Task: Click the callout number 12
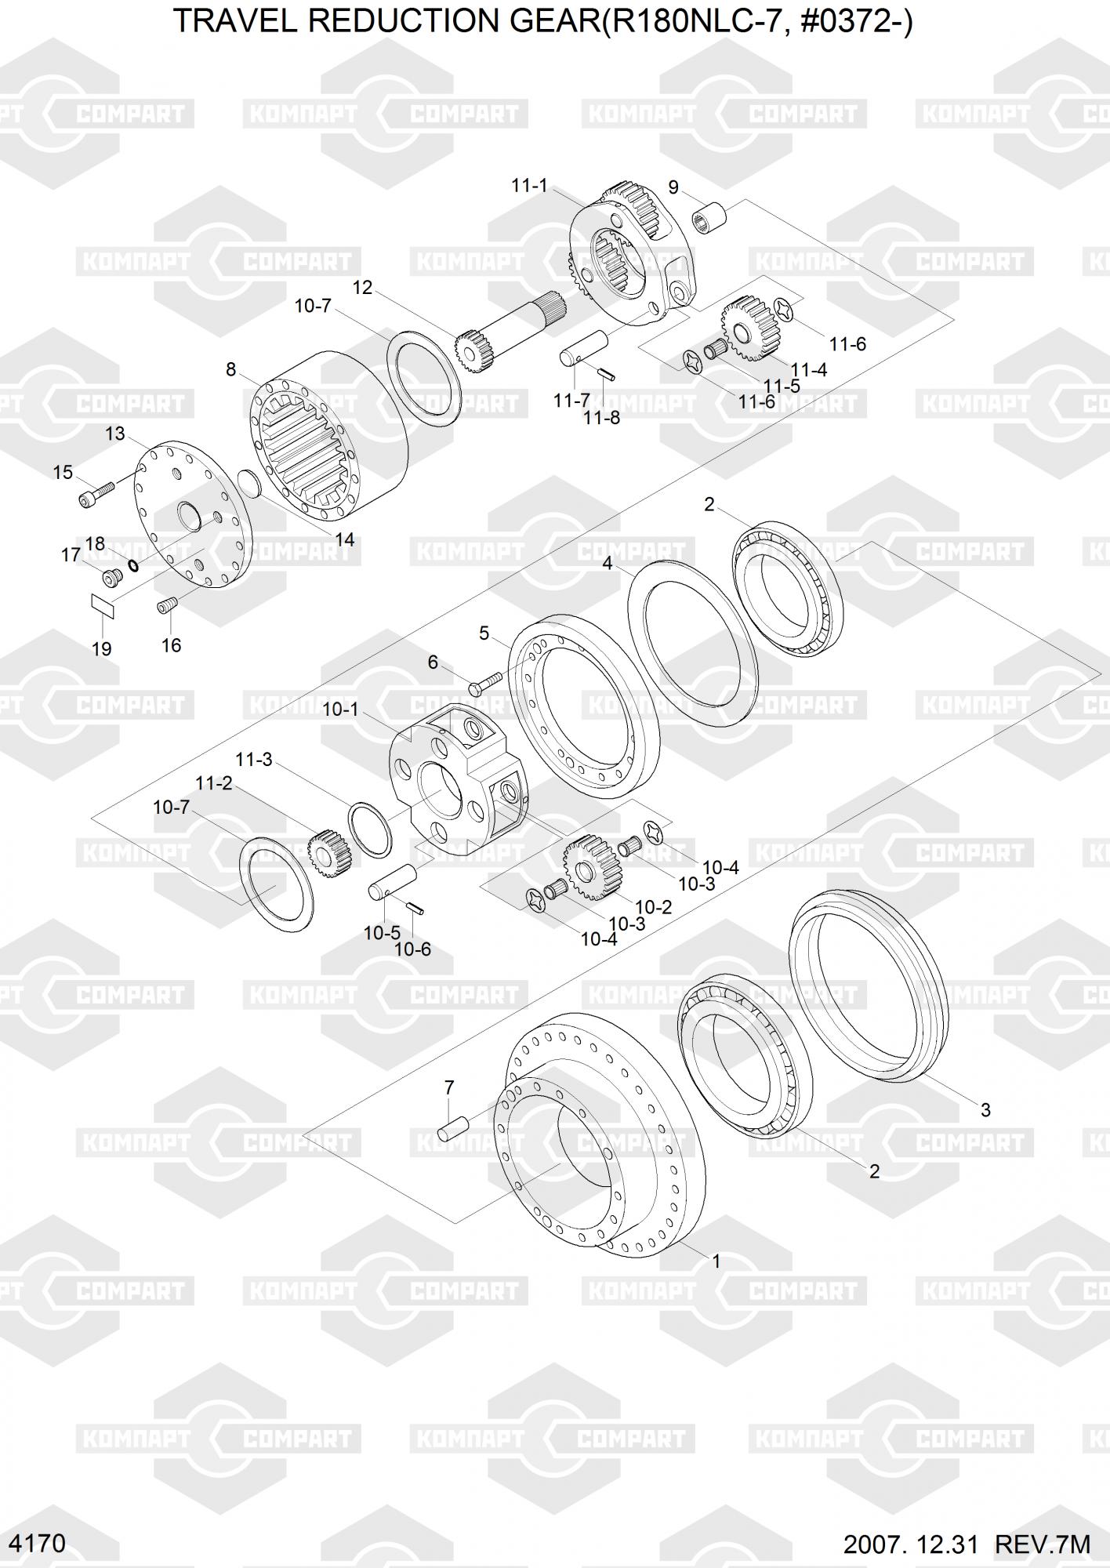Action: (x=362, y=288)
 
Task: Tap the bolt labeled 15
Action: (x=96, y=493)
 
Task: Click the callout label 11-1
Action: (x=529, y=186)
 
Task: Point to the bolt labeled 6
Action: (x=487, y=682)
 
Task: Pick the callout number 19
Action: (x=101, y=649)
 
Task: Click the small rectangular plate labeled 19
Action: (x=102, y=606)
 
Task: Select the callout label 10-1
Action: (x=340, y=710)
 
